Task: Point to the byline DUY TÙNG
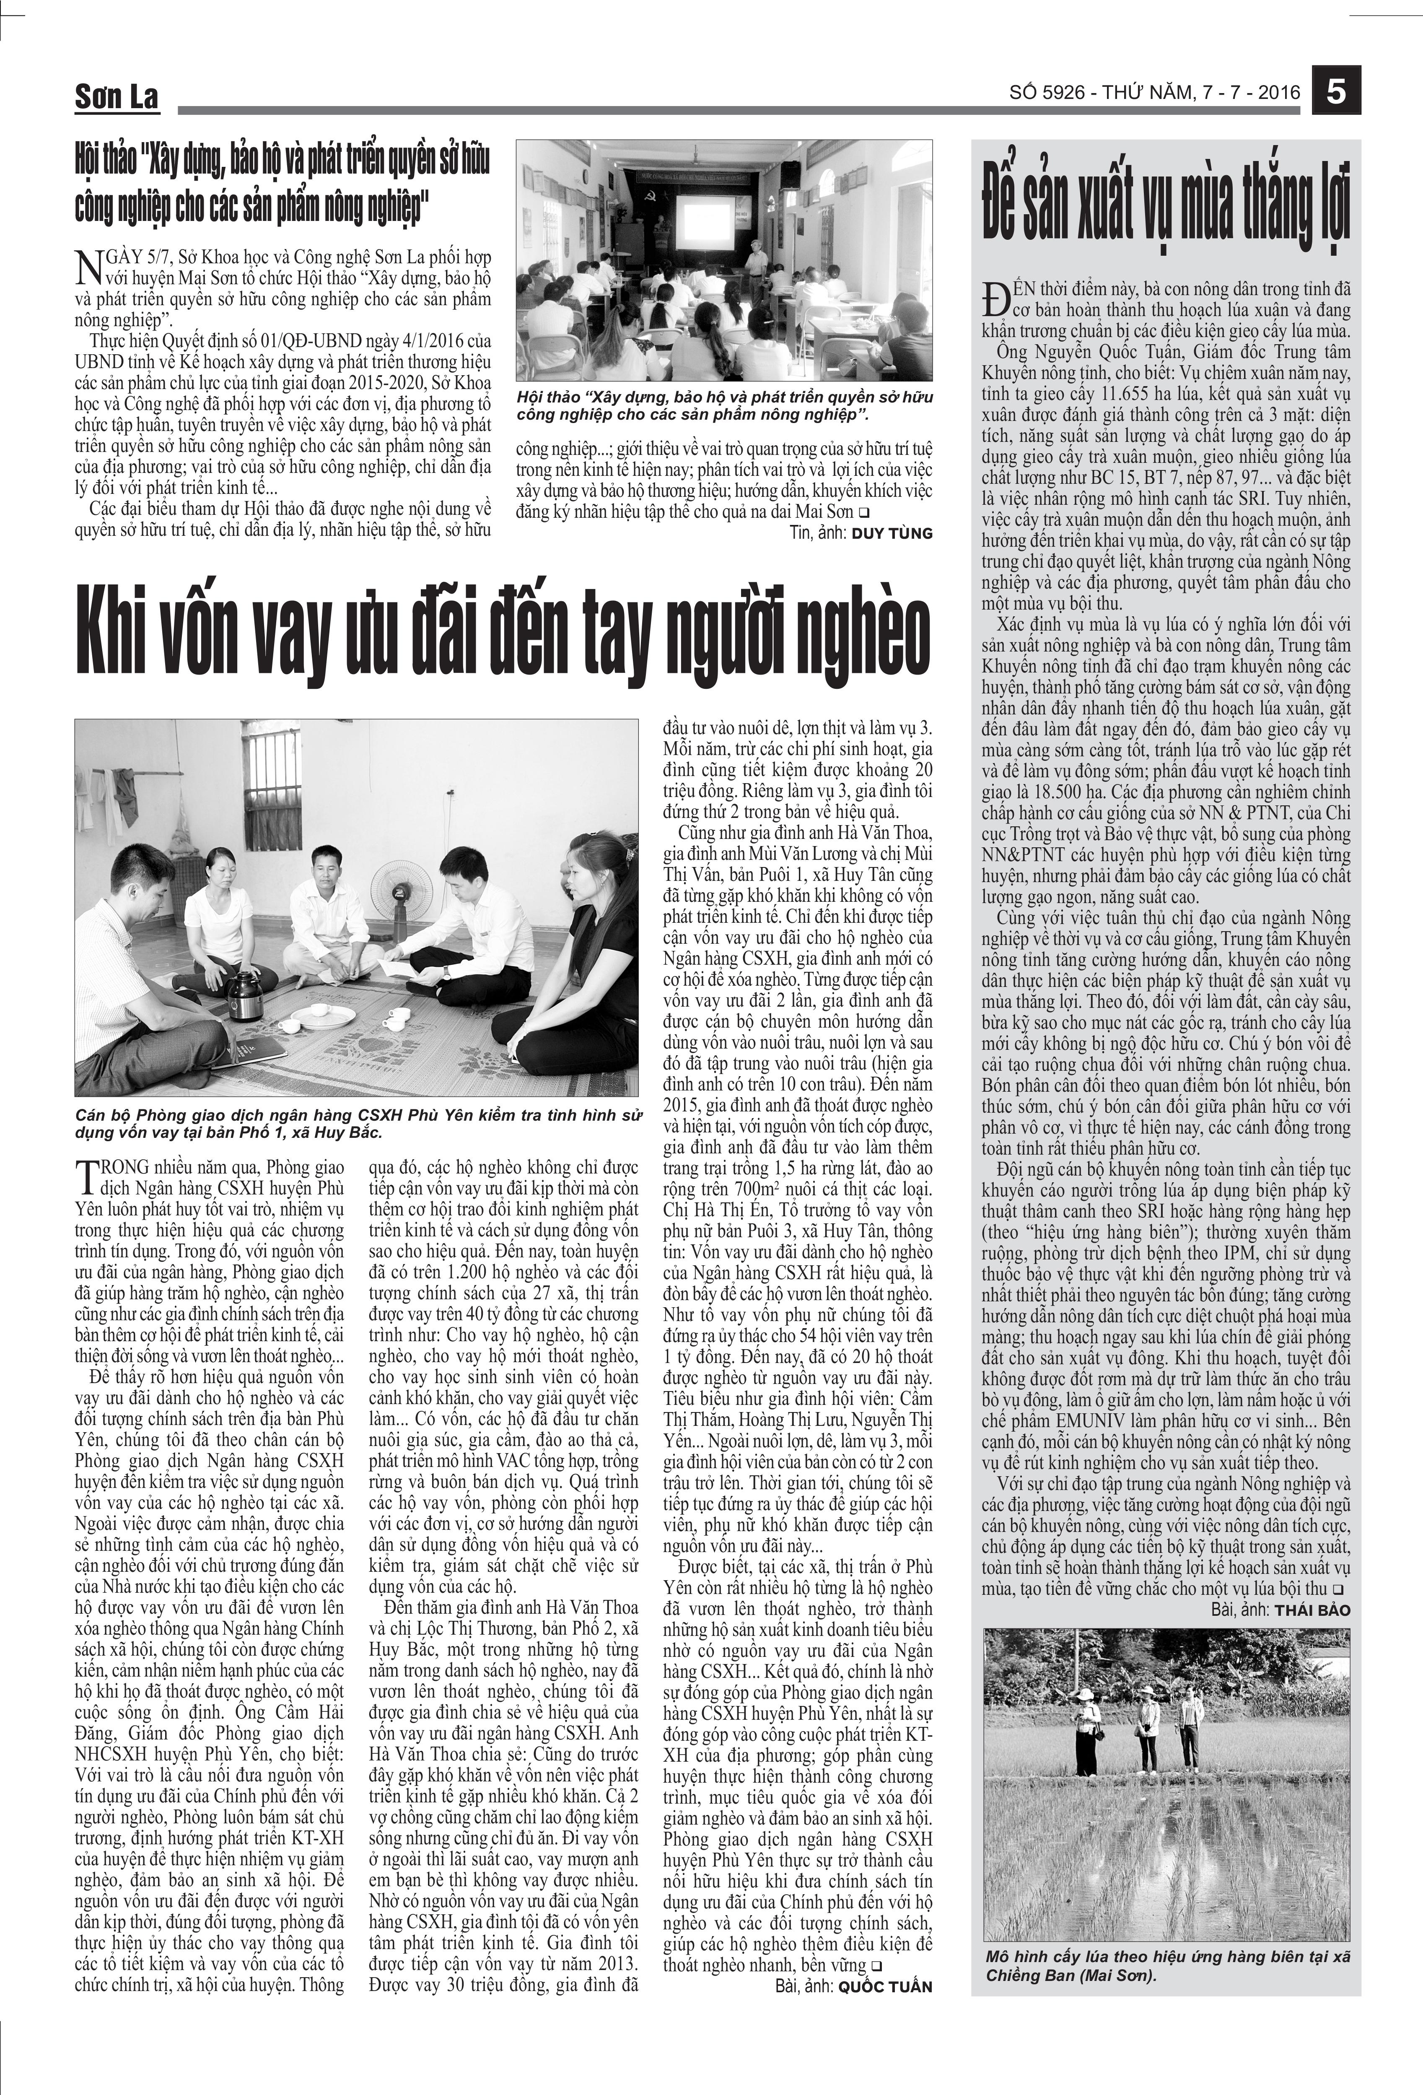click(892, 533)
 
